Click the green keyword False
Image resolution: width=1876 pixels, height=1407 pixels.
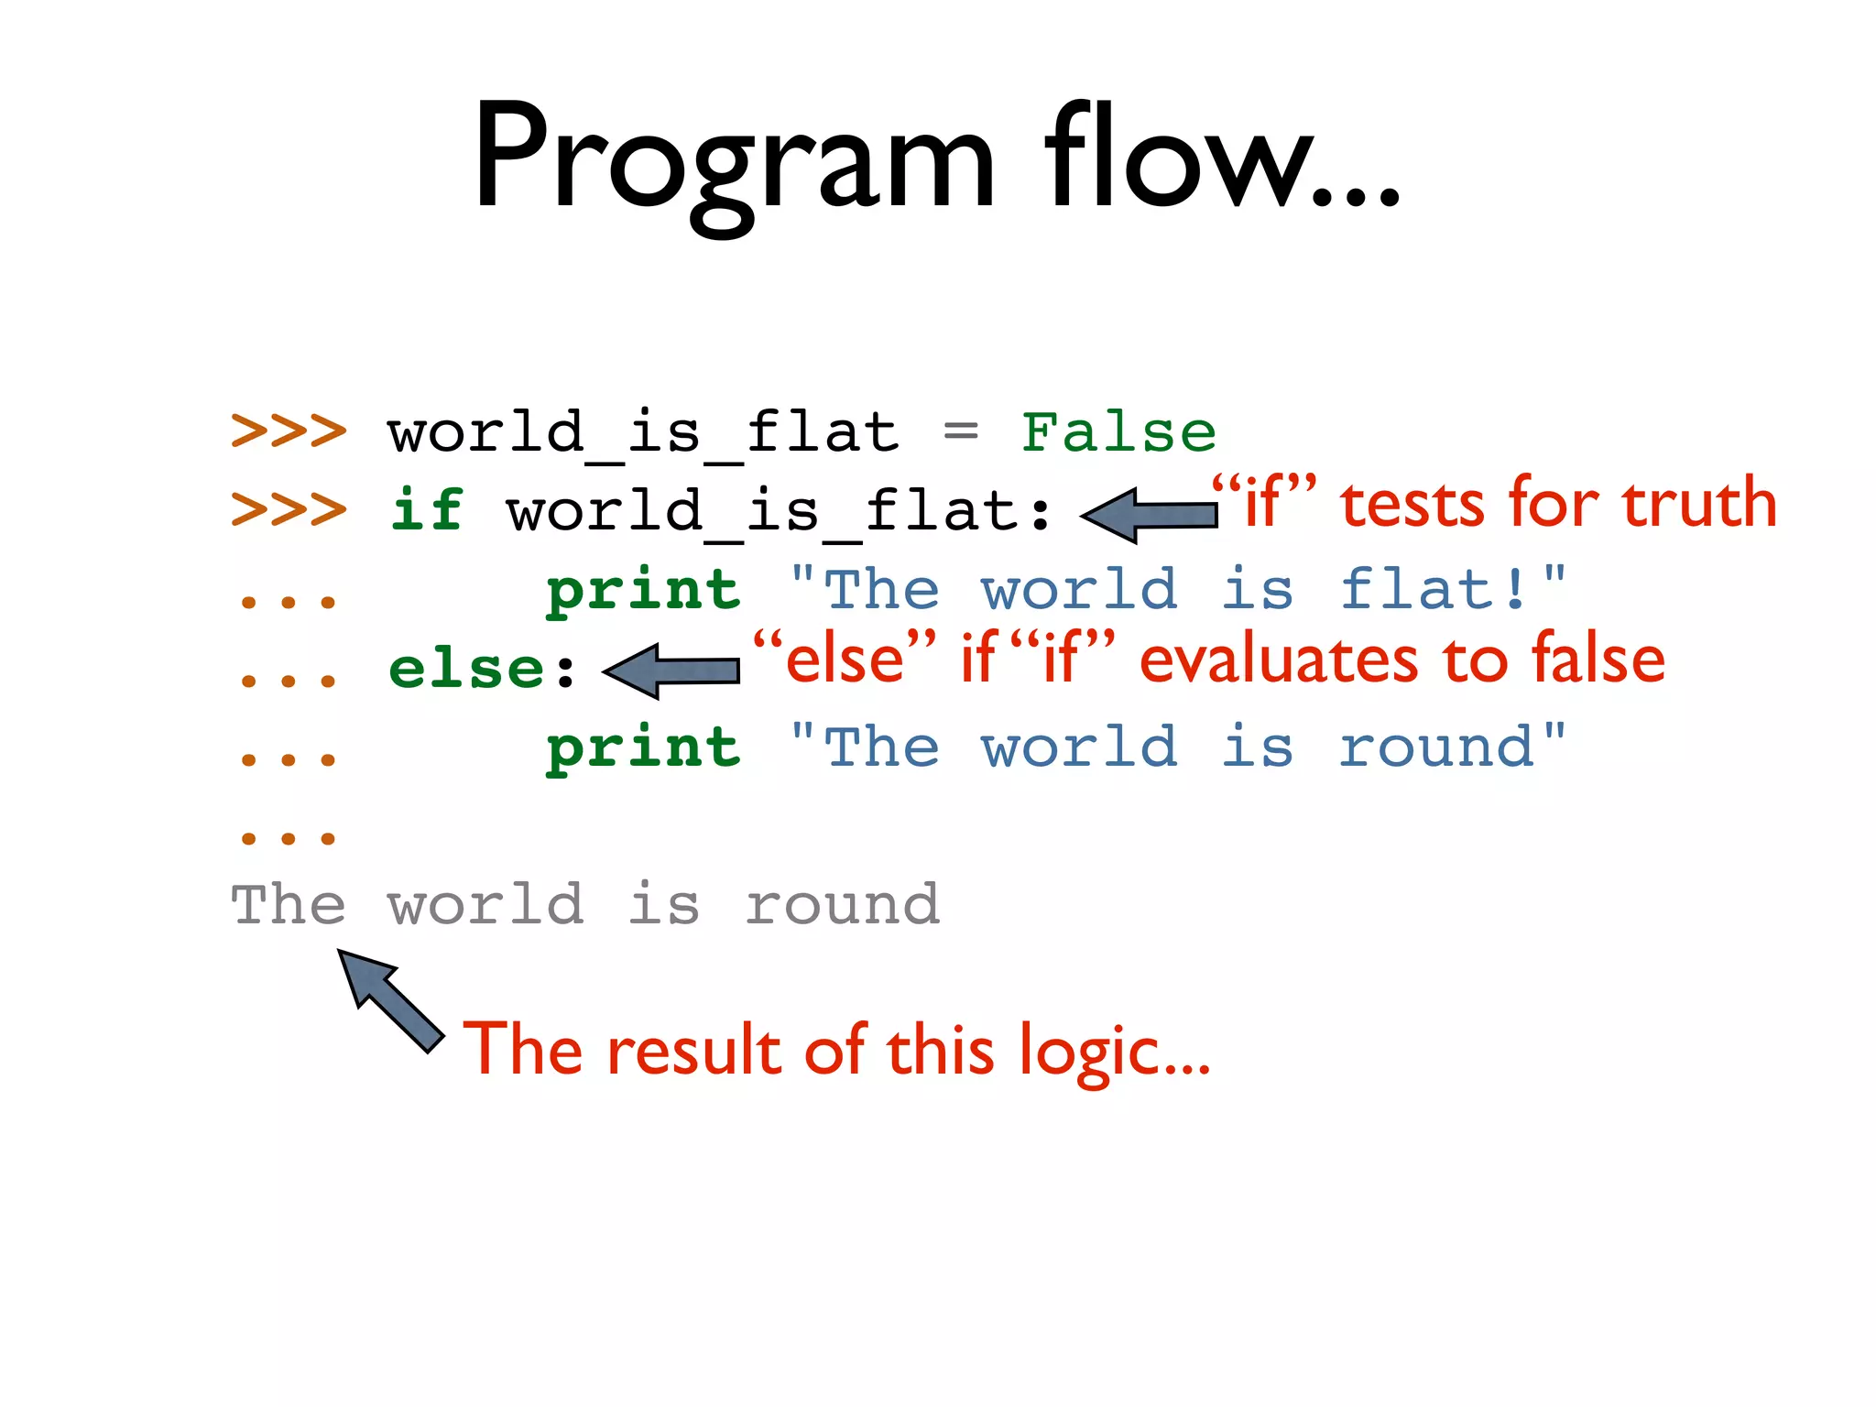tap(1118, 432)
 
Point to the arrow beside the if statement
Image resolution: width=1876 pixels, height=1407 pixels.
tap(1150, 515)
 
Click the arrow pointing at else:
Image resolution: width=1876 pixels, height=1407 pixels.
tap(671, 671)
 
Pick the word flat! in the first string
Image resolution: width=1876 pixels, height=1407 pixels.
tap(1434, 589)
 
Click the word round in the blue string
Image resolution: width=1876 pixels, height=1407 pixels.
tap(1436, 747)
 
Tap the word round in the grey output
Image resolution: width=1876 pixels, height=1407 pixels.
tap(842, 905)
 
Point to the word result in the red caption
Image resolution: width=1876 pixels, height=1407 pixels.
tap(693, 1050)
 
